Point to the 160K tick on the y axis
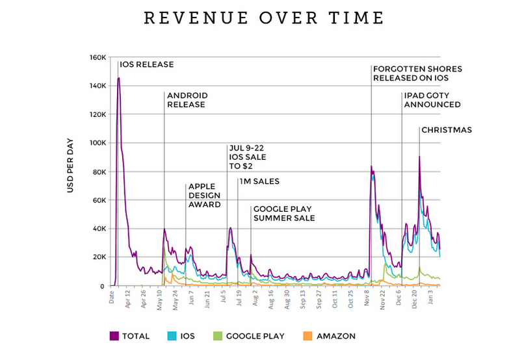pyautogui.click(x=97, y=57)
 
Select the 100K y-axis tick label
pyautogui.click(x=97, y=143)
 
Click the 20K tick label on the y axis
pyautogui.click(x=98, y=257)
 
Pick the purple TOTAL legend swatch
pyautogui.click(x=114, y=336)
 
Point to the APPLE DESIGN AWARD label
pyautogui.click(x=205, y=195)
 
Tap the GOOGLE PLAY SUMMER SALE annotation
pyautogui.click(x=283, y=214)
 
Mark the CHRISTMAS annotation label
pyautogui.click(x=447, y=130)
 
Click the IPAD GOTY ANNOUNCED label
pyautogui.click(x=432, y=99)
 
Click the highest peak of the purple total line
pyautogui.click(x=119, y=78)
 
